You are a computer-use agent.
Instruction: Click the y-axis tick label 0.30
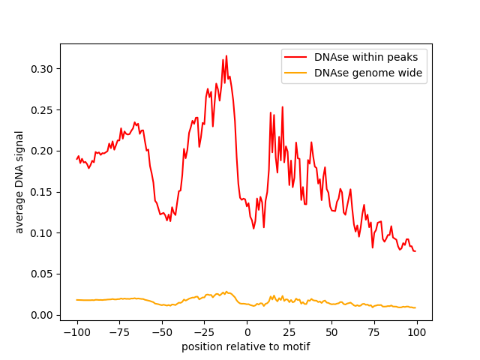(x=42, y=69)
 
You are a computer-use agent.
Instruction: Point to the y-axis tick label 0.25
(x=42, y=110)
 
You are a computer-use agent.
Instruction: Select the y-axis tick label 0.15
(x=42, y=192)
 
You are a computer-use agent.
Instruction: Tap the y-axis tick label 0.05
(x=42, y=274)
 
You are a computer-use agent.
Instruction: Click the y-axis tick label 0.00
(x=42, y=315)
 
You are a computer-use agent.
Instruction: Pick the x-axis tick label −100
(x=76, y=332)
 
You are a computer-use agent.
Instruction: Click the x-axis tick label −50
(x=162, y=332)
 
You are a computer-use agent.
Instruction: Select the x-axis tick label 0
(x=247, y=332)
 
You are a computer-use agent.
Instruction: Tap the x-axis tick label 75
(x=373, y=332)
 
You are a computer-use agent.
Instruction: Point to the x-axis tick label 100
(x=416, y=332)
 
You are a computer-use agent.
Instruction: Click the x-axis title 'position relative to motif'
(x=246, y=346)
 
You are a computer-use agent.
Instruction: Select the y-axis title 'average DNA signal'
(x=19, y=182)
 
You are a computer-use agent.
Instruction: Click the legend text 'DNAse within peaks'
(x=366, y=57)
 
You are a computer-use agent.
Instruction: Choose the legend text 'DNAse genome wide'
(x=368, y=73)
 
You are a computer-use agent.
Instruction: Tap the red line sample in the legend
(x=295, y=57)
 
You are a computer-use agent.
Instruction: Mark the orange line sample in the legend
(x=295, y=73)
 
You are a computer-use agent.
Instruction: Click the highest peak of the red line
(x=226, y=55)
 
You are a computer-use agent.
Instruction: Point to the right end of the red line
(x=415, y=251)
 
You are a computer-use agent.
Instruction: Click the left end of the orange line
(x=76, y=300)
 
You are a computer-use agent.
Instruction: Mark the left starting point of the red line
(x=76, y=159)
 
